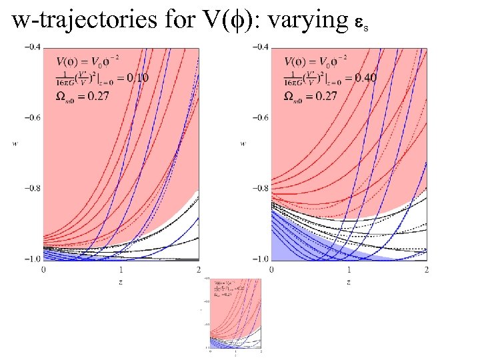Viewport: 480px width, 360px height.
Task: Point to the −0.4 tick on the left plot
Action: pyautogui.click(x=32, y=47)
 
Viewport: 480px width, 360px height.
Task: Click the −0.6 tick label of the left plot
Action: pyautogui.click(x=32, y=117)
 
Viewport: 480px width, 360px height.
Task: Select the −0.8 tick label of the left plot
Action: pyautogui.click(x=32, y=188)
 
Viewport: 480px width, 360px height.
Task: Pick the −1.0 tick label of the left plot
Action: pyautogui.click(x=32, y=259)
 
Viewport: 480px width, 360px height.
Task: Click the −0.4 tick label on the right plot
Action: pyautogui.click(x=259, y=47)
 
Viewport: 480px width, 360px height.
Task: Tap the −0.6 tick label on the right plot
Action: pyautogui.click(x=259, y=117)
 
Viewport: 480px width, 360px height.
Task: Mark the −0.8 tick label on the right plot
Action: pyautogui.click(x=259, y=188)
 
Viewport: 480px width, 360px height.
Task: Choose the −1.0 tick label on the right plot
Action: pyautogui.click(x=259, y=259)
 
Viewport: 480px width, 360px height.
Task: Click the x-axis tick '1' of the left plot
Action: pyautogui.click(x=121, y=269)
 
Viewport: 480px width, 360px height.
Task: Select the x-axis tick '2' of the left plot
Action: pyautogui.click(x=199, y=269)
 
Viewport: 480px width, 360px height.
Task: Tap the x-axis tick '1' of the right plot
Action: pyautogui.click(x=349, y=269)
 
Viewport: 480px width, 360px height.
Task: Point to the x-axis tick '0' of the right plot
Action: pyautogui.click(x=271, y=269)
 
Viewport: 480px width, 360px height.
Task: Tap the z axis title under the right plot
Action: pyautogui.click(x=349, y=282)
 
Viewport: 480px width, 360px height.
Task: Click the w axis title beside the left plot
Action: pyautogui.click(x=14, y=142)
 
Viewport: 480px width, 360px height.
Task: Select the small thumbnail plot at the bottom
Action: pyautogui.click(x=235, y=315)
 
